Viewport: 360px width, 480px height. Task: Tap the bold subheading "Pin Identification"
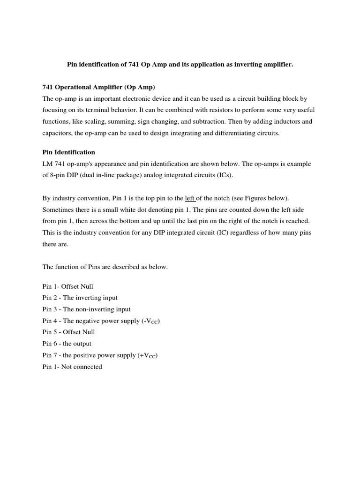(x=68, y=152)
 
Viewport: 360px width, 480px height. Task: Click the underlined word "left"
(x=189, y=198)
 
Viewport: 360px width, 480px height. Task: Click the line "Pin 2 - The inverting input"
(x=80, y=298)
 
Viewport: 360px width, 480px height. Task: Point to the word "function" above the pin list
(x=66, y=267)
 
